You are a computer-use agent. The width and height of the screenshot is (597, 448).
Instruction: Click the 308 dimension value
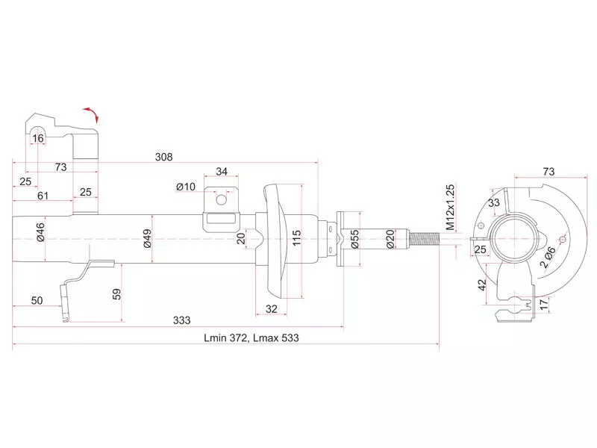click(163, 157)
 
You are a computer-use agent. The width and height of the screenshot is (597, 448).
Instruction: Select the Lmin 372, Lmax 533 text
click(251, 338)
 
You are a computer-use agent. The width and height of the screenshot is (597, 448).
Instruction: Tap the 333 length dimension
click(181, 320)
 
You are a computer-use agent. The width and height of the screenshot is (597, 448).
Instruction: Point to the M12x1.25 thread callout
click(450, 208)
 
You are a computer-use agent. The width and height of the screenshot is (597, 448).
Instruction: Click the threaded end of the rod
click(424, 239)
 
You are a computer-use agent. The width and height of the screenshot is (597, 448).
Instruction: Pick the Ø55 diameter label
click(354, 239)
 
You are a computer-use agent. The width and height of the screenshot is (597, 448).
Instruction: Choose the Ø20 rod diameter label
click(390, 239)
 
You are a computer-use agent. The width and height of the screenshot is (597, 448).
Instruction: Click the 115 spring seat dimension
click(296, 238)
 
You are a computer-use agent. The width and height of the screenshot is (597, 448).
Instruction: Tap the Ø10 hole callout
click(186, 187)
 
